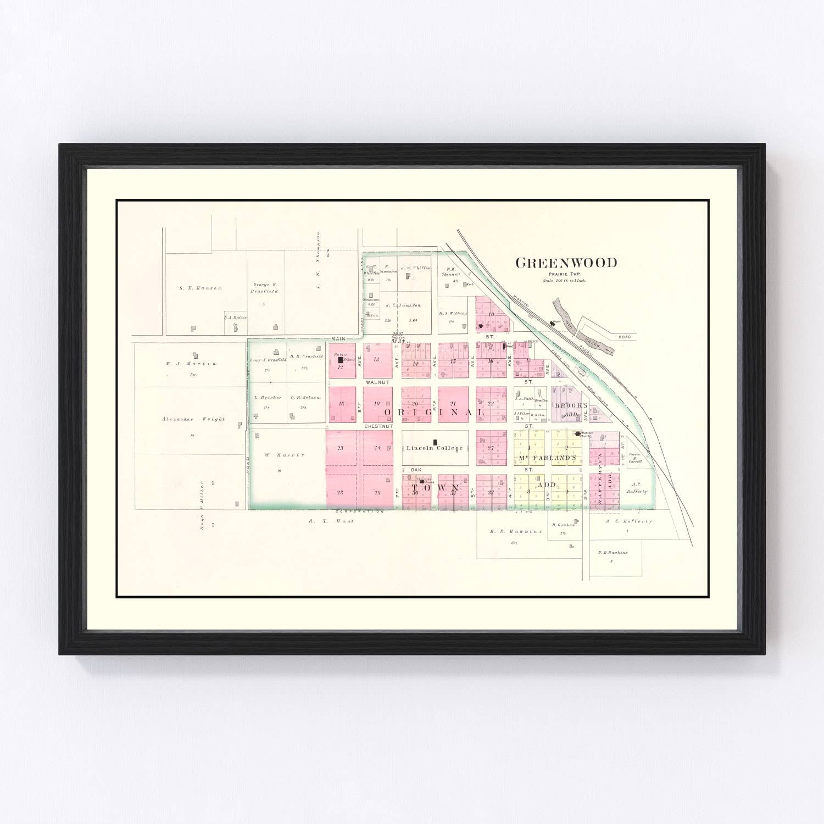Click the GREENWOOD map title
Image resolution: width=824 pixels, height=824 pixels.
566,263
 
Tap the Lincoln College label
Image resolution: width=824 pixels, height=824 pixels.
434,448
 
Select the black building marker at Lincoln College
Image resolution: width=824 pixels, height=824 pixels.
435,442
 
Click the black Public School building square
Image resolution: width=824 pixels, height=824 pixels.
341,360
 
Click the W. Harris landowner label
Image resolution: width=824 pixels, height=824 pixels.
277,455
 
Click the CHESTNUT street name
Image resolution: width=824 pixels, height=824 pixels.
378,426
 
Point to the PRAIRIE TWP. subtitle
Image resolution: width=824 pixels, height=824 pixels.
564,274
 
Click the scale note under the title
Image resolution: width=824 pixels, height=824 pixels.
564,281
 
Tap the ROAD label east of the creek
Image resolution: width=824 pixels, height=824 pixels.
625,336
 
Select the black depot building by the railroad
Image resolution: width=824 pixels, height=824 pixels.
553,323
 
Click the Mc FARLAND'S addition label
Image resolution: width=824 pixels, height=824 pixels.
545,458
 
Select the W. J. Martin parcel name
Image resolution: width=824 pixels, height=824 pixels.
191,363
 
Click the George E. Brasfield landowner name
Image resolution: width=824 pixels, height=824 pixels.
265,288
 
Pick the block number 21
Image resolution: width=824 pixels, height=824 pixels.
453,403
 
